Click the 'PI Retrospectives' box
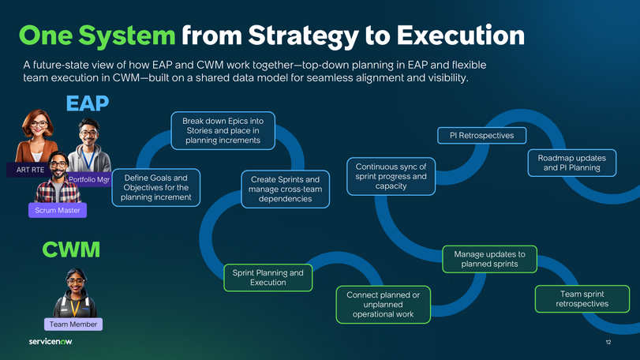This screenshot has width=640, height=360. pos(481,136)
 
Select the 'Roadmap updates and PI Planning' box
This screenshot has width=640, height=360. pos(568,163)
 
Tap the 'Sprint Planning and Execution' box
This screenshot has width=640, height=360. pos(268,277)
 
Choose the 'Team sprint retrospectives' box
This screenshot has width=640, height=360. pos(582,298)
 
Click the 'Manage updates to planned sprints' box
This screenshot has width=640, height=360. pos(489,259)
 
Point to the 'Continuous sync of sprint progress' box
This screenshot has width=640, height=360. pos(391,176)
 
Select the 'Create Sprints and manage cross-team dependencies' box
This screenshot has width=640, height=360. pos(279,189)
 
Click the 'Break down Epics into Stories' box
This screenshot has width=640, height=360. pos(223,130)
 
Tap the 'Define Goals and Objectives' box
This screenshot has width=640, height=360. pos(155,188)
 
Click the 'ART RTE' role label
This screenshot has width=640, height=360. pos(30,170)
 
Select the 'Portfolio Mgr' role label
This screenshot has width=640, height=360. pos(88,180)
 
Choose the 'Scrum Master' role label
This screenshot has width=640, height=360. pos(57,211)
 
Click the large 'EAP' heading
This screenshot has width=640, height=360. pos(87,103)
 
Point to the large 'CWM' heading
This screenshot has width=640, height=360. pos(71,250)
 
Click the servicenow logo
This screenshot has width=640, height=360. pos(51,342)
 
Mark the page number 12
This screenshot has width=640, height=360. pos(608,342)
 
